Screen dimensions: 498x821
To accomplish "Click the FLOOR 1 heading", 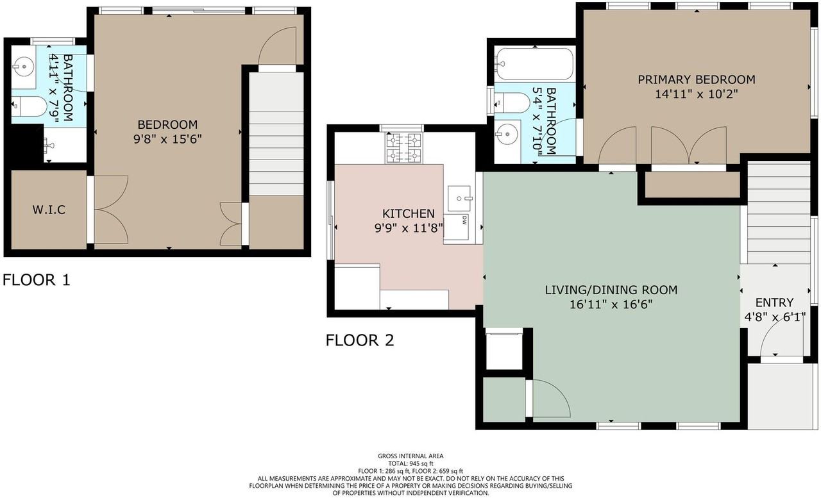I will coord(37,280).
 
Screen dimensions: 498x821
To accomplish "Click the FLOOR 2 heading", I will coord(359,340).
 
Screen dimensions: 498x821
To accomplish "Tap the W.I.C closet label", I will coord(49,210).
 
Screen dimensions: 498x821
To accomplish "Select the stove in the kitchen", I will coord(403,147).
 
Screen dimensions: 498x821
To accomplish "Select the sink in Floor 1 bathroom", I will coord(24,65).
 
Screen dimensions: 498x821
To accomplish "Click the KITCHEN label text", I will coord(409,213).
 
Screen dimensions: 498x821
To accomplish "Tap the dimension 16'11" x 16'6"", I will coord(611,306).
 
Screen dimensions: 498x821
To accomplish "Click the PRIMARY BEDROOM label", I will coord(696,80).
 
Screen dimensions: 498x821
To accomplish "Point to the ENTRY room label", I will coord(774,303).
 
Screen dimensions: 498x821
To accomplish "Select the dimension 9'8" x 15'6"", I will coord(168,138).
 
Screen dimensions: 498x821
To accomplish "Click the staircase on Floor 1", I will coord(276,135).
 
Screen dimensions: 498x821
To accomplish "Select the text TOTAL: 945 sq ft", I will coord(410,463).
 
